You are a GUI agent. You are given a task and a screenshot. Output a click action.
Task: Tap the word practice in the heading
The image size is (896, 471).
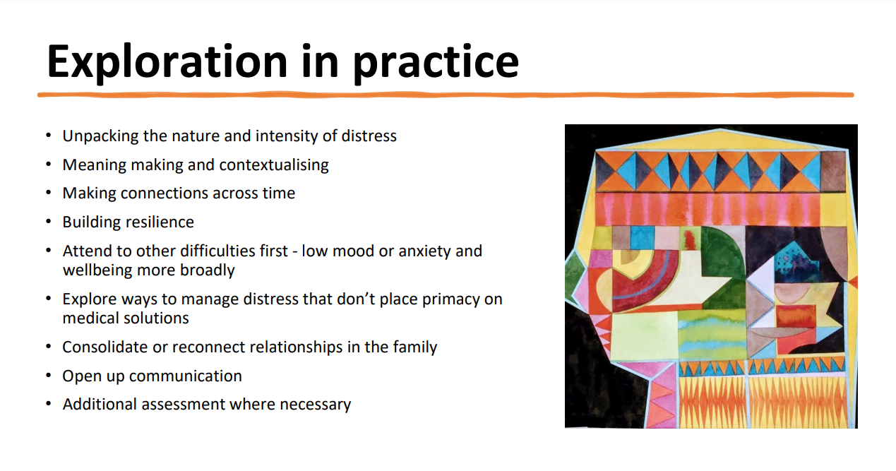pos(436,63)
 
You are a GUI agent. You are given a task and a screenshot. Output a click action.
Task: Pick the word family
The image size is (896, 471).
pos(414,347)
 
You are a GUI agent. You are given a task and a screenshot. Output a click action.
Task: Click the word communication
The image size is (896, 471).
pos(186,376)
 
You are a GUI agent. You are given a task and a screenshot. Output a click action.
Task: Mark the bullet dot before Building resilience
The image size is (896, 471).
pos(49,222)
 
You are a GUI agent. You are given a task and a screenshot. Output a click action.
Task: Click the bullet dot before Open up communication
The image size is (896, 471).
pos(49,376)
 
